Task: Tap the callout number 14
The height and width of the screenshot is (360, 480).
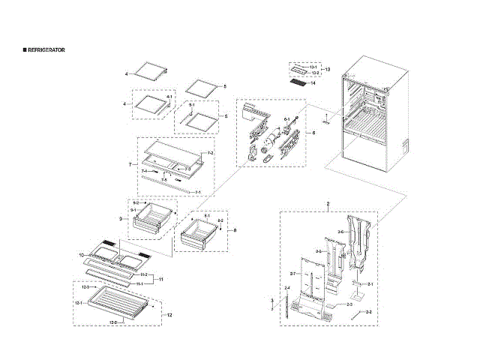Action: click(x=313, y=83)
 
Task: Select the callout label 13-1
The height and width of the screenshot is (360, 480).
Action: click(x=313, y=67)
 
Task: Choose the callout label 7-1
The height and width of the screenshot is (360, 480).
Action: click(x=197, y=192)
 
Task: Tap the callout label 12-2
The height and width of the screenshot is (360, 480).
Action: click(x=114, y=322)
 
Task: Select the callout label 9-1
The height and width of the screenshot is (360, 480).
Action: click(x=133, y=211)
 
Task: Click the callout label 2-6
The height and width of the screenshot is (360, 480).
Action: click(x=340, y=232)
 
